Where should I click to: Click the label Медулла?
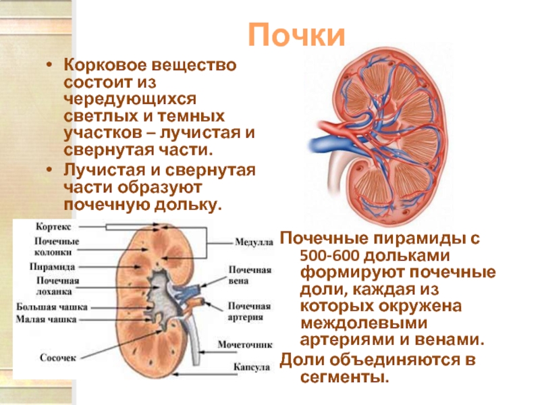253,241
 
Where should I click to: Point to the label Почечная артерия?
249,310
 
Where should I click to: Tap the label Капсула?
252,368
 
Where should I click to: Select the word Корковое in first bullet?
101,67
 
